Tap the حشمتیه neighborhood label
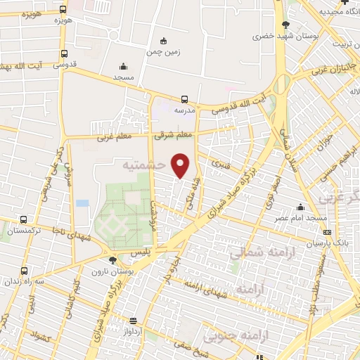coord(143,166)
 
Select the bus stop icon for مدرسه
coord(184,100)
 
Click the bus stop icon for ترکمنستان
coord(25,219)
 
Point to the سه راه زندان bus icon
coord(25,271)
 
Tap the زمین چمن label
coord(164,51)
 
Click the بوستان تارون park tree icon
coord(112,260)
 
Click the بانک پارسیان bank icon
coord(327,231)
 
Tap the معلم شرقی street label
coord(174,134)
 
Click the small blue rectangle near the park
coord(83,203)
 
